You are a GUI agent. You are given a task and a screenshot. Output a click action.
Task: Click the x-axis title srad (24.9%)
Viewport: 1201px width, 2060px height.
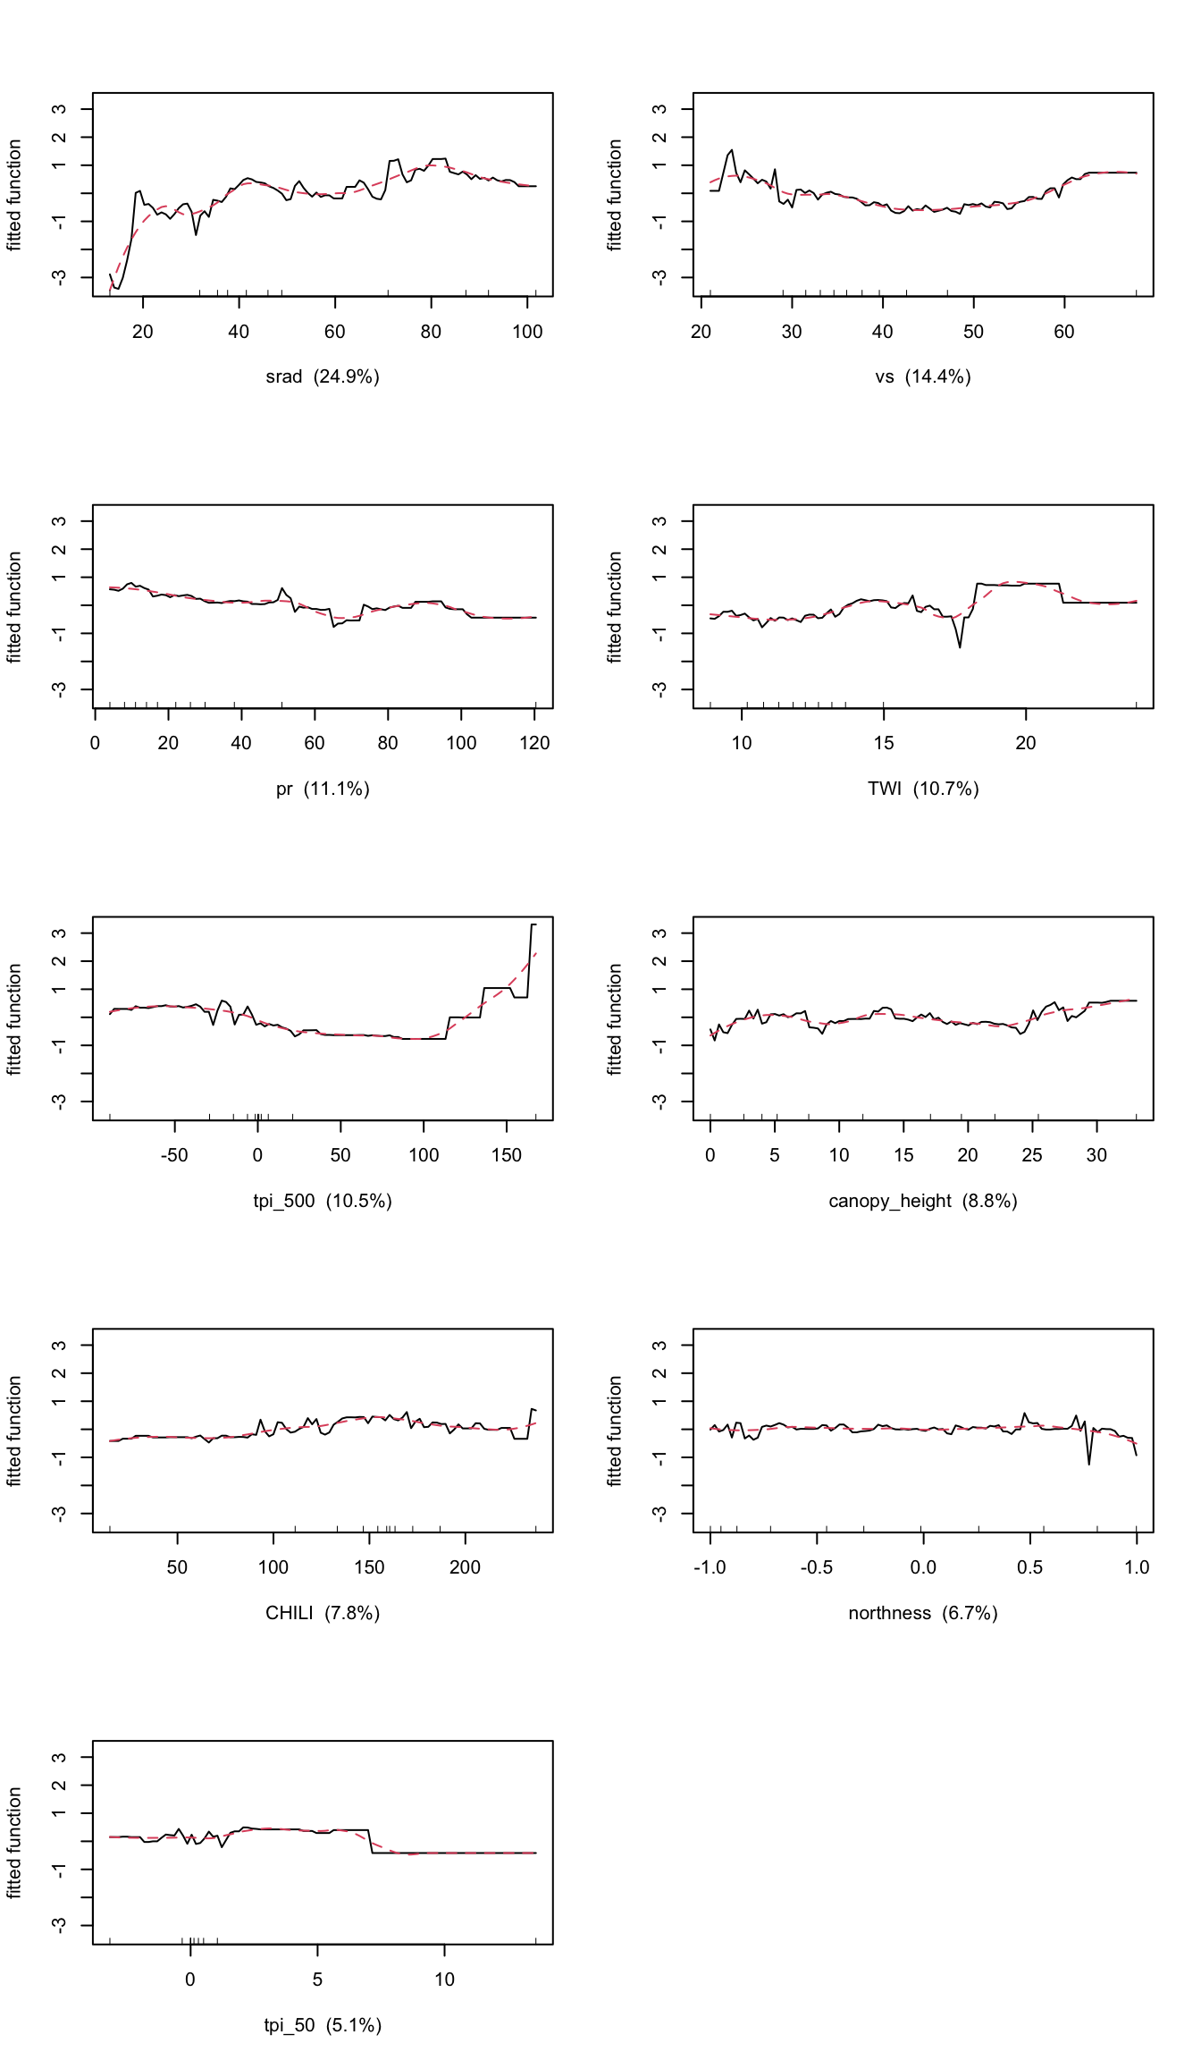click(x=323, y=376)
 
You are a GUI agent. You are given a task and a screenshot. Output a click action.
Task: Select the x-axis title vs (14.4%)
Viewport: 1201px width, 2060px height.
click(x=923, y=376)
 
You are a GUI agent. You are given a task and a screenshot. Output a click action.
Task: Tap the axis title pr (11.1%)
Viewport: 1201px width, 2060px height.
click(x=323, y=789)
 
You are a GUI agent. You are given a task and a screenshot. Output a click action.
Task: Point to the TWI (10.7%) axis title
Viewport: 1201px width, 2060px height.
click(x=923, y=789)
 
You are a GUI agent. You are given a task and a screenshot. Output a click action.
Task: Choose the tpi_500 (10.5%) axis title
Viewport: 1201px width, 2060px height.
click(x=323, y=1201)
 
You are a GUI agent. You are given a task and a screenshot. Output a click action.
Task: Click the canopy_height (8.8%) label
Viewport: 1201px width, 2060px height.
click(x=923, y=1201)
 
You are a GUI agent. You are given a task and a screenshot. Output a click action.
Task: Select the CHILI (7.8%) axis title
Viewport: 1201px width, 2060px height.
click(x=323, y=1613)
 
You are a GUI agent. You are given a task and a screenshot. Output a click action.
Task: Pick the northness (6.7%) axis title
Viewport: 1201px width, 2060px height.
click(x=923, y=1613)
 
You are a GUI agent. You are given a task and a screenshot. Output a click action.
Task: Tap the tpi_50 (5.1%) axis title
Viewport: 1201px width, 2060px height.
click(x=323, y=2025)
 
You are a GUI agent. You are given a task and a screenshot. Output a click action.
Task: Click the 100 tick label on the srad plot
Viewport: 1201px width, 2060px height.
click(x=527, y=332)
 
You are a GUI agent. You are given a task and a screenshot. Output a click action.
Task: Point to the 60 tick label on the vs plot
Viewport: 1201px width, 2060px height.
click(x=1064, y=332)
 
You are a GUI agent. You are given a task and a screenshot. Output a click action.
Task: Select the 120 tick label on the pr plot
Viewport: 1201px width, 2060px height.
click(x=534, y=743)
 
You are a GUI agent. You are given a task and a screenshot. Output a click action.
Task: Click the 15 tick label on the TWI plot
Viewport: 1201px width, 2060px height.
click(x=884, y=743)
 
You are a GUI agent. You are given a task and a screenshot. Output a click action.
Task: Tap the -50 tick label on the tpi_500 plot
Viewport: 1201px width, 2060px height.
click(x=174, y=1155)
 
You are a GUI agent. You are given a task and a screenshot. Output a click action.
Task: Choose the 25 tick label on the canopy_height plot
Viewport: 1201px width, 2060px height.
click(x=1032, y=1155)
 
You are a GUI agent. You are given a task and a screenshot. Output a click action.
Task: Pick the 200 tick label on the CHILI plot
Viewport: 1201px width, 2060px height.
click(x=465, y=1567)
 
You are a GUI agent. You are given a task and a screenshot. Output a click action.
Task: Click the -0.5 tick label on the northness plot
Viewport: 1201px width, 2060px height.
click(x=817, y=1567)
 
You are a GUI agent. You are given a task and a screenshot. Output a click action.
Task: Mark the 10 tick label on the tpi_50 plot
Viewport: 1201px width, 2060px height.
click(x=445, y=1980)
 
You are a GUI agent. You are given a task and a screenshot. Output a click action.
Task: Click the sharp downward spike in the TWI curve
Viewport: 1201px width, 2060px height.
click(x=960, y=646)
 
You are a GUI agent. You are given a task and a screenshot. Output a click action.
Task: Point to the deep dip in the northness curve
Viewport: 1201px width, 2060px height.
click(x=1088, y=1463)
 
